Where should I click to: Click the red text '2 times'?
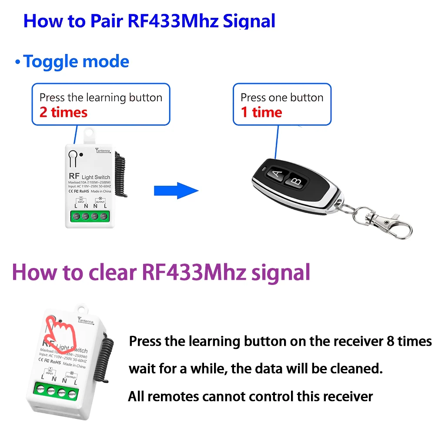(64, 112)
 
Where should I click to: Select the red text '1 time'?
(261, 112)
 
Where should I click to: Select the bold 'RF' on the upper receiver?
(73, 177)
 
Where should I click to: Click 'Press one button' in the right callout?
(282, 97)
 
